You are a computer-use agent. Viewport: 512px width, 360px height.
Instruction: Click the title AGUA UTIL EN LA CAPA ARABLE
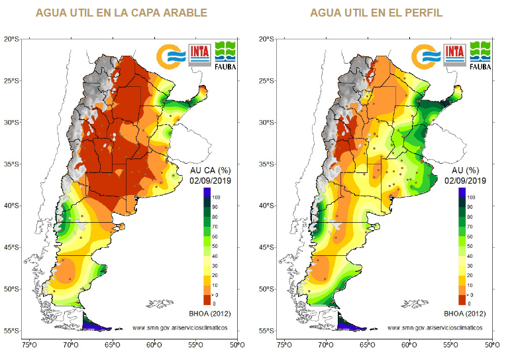(121, 13)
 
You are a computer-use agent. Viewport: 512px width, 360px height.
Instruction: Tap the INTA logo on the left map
(199, 53)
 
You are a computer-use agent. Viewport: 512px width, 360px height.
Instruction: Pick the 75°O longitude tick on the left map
(30, 345)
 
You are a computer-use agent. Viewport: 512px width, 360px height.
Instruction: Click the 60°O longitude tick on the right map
(409, 345)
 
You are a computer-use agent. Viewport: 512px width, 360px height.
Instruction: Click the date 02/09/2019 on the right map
(466, 180)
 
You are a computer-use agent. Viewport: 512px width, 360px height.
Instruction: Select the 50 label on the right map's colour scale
(470, 245)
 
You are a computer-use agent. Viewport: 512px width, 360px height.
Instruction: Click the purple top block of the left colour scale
(207, 192)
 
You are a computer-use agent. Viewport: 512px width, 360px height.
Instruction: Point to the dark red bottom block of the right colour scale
(461, 302)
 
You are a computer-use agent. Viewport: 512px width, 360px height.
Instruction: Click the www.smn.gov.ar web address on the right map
(435, 328)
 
